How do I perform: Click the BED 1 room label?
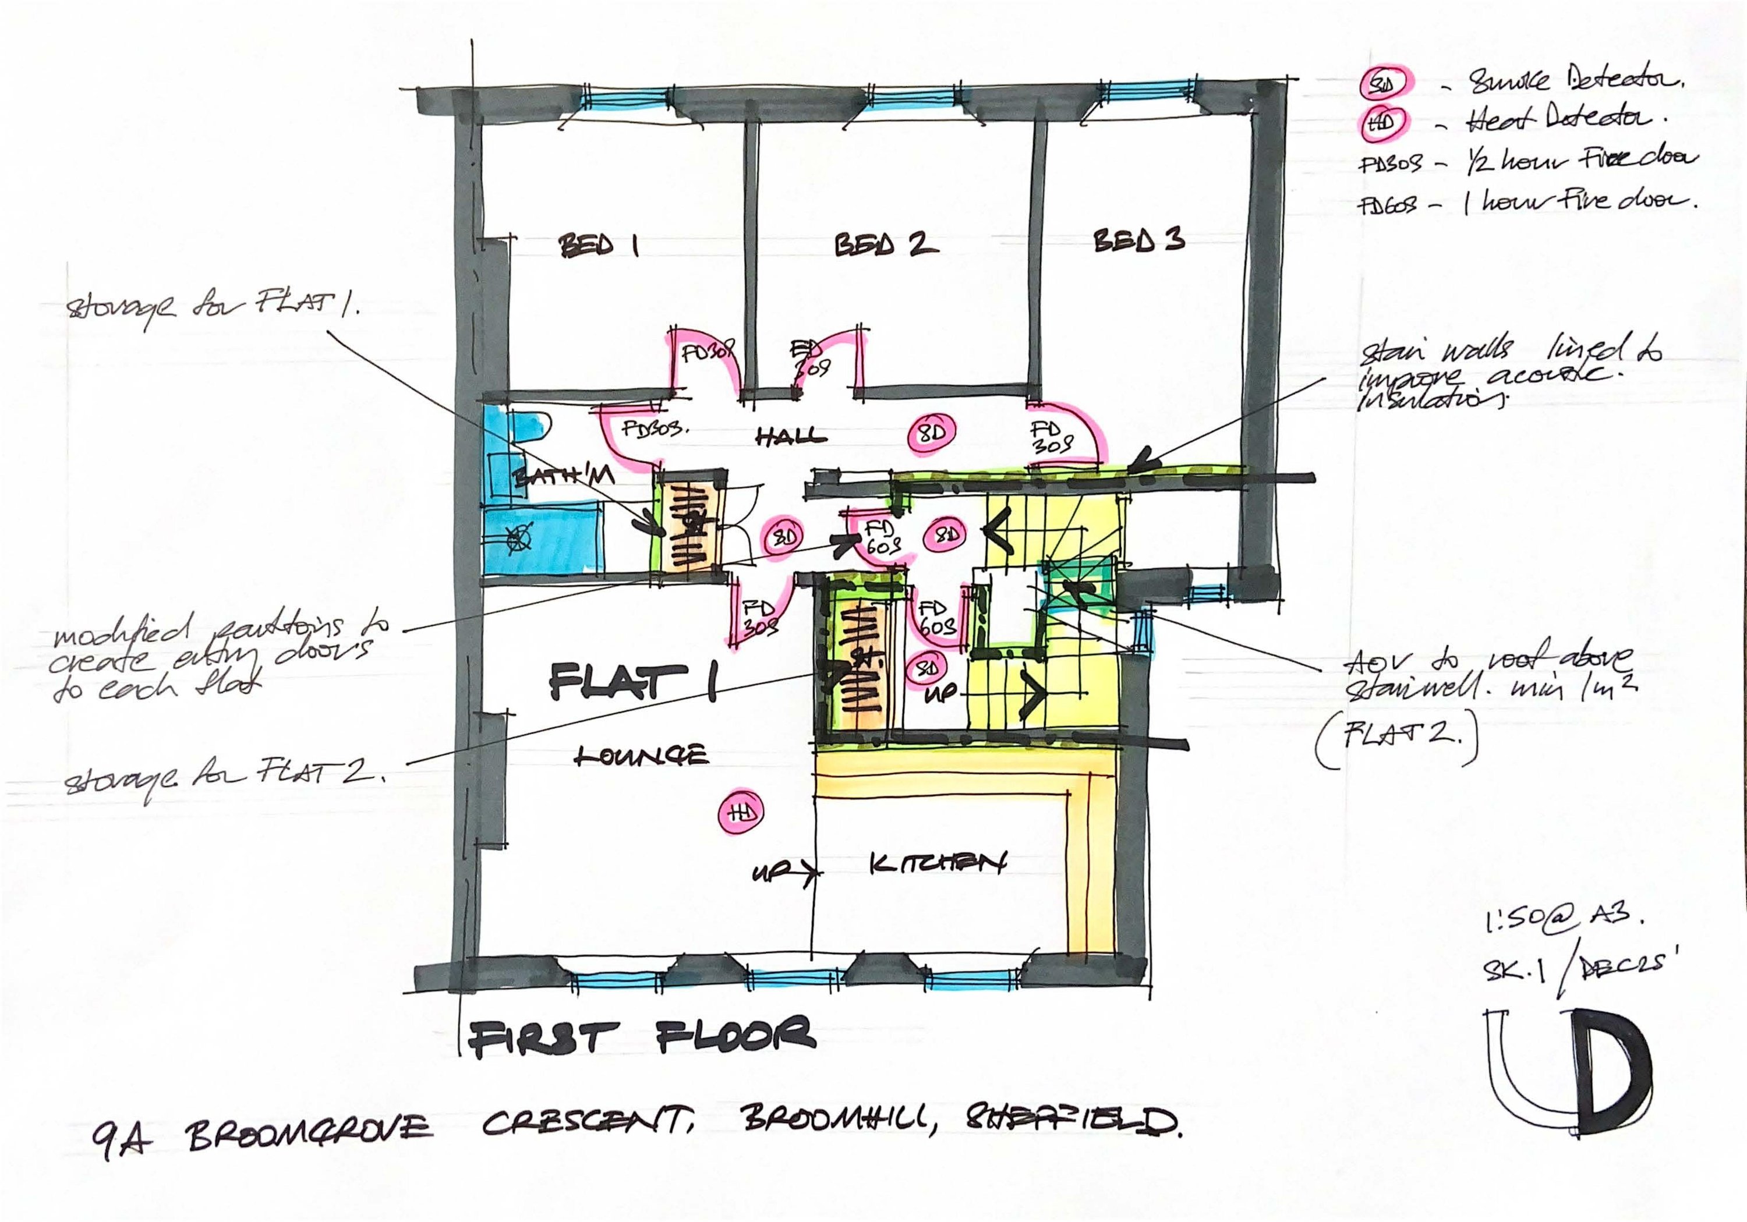tap(598, 245)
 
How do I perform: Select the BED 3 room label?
tap(1138, 240)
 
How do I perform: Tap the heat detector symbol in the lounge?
tap(740, 813)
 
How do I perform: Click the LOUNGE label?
tap(641, 756)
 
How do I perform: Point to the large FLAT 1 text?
tap(632, 681)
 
